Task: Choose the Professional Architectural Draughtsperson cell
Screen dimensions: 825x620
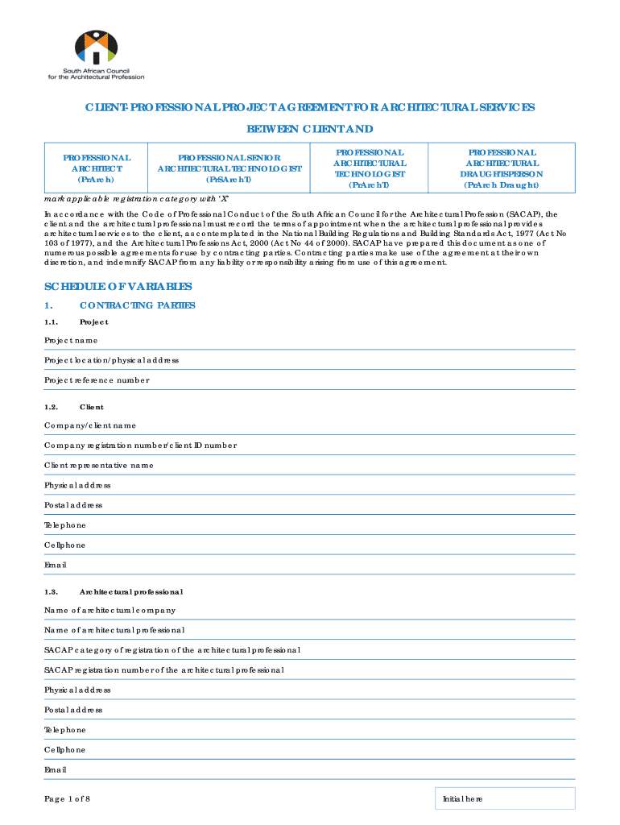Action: point(501,168)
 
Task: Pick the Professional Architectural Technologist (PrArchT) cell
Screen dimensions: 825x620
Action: point(370,168)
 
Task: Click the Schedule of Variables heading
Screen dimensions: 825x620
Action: point(118,287)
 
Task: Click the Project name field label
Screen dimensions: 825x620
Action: point(71,340)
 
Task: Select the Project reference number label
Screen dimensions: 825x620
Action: point(97,380)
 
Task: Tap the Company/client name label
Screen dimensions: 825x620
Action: point(90,425)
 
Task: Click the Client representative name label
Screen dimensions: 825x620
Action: point(98,465)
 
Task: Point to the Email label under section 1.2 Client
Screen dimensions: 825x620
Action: point(56,566)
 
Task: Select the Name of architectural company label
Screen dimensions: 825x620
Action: point(110,610)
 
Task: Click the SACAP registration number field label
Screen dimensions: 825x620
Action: point(163,670)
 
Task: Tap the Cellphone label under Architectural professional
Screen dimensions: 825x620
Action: point(64,750)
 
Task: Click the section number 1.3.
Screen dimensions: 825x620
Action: point(51,592)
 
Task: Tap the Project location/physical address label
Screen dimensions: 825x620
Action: point(111,360)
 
